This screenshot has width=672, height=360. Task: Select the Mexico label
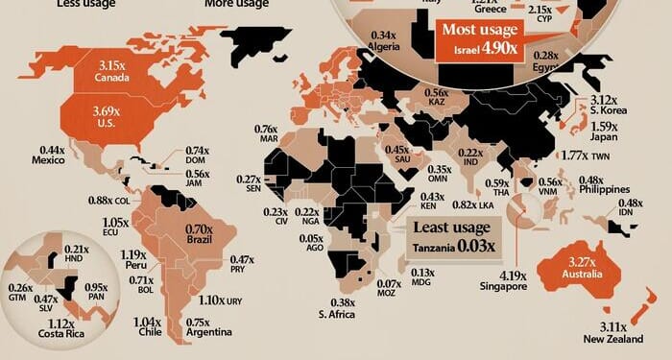pos(51,162)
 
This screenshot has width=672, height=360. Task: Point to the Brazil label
pos(199,244)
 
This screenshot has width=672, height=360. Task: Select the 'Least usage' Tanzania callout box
pos(452,236)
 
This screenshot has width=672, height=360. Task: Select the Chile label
pos(149,332)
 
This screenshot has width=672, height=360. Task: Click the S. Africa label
pos(337,314)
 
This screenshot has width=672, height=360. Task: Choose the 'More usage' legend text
pos(236,3)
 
